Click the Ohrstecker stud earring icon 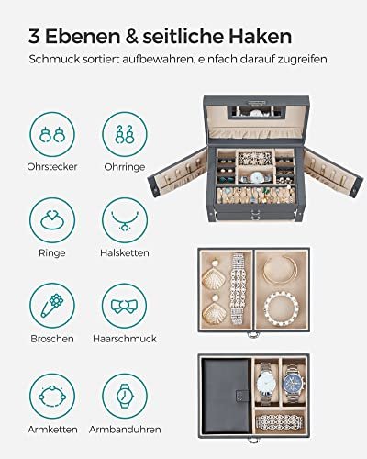click(52, 134)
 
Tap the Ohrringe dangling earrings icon click(125, 134)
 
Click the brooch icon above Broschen click(52, 306)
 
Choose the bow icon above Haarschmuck click(125, 306)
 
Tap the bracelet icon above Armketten click(52, 396)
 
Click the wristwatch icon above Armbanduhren click(125, 396)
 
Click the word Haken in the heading click(261, 37)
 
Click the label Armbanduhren click(125, 430)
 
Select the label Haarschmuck click(125, 339)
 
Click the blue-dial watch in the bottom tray click(294, 383)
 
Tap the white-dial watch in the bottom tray click(265, 383)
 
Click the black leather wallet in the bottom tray click(227, 396)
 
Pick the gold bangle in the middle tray click(281, 271)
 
